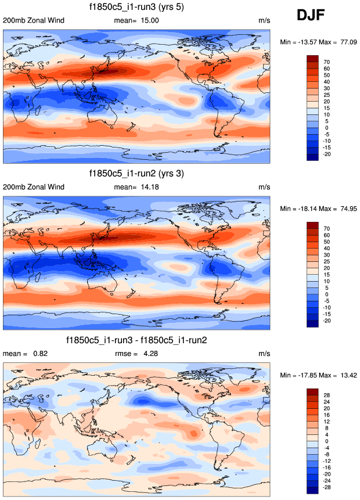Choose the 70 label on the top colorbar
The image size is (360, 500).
[327, 61]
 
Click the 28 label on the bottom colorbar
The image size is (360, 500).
[327, 394]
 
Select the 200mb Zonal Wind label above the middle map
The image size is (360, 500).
[34, 187]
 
